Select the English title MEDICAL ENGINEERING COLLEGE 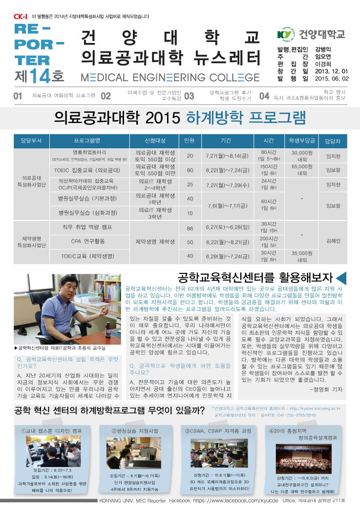(169, 78)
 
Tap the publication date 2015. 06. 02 (332, 78)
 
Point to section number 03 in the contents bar (189, 96)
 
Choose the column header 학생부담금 (301, 141)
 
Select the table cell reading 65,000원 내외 (302, 170)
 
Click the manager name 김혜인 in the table (333, 241)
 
